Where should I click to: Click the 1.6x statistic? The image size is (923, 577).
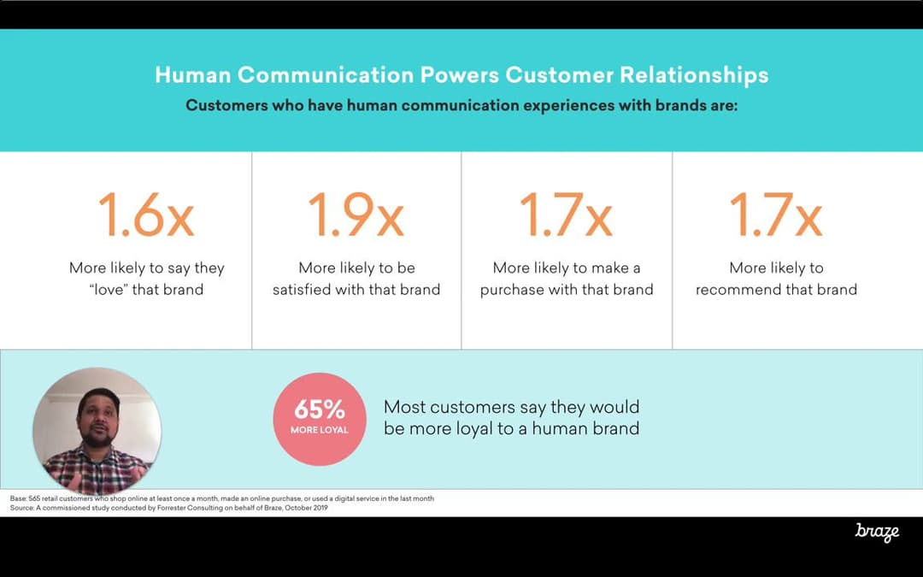[x=146, y=215]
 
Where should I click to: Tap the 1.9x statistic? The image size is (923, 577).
[x=356, y=215]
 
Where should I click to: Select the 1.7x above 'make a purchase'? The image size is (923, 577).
[x=566, y=215]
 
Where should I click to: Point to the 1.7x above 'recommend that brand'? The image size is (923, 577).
[x=776, y=215]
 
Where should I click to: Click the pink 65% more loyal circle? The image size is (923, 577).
[x=320, y=419]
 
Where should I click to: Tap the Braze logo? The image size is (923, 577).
[x=877, y=532]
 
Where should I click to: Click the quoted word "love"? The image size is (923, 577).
[x=109, y=290]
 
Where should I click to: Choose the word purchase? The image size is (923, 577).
[x=512, y=291]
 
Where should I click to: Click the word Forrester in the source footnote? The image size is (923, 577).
[x=172, y=508]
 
